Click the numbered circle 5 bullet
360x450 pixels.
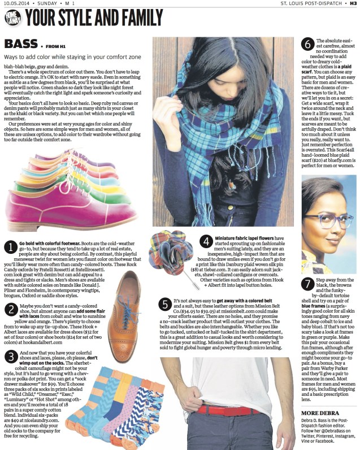[x=164, y=304]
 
